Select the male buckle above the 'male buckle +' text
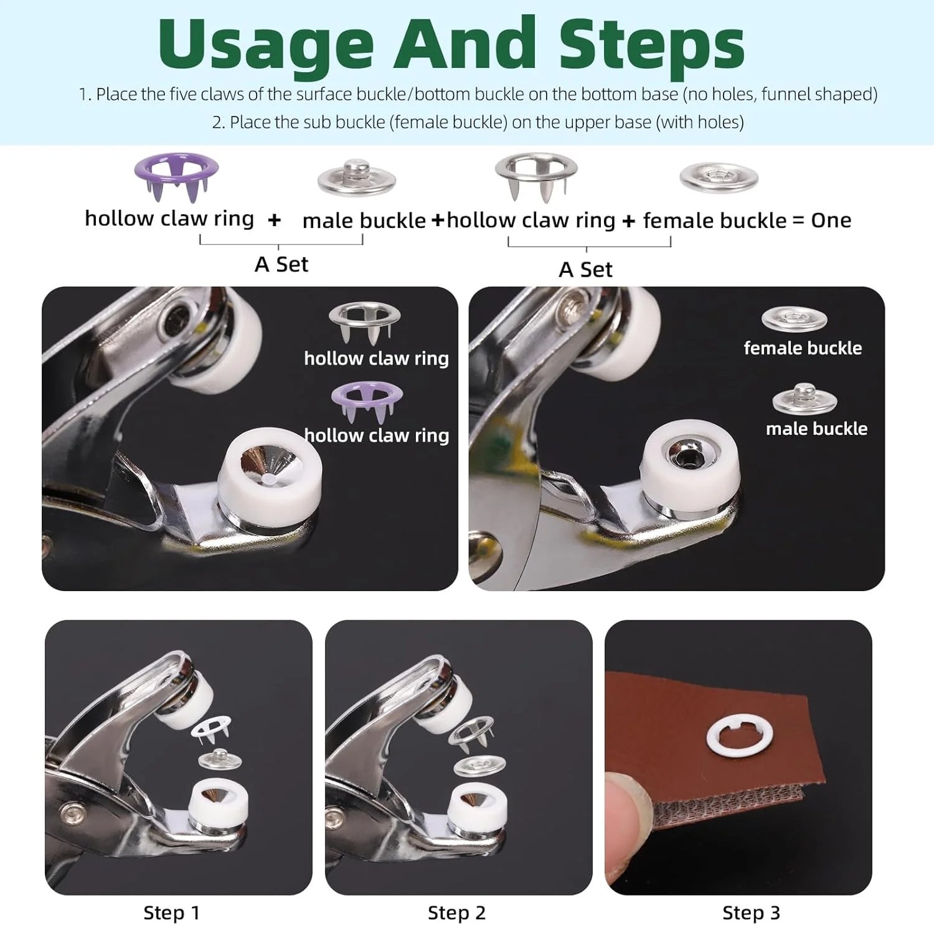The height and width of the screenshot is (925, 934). pyautogui.click(x=357, y=178)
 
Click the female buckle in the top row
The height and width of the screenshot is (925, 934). pyautogui.click(x=719, y=178)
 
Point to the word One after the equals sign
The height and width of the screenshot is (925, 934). pyautogui.click(x=831, y=220)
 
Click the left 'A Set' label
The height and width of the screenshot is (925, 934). pyautogui.click(x=281, y=264)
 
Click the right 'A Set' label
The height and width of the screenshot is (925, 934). pyautogui.click(x=585, y=269)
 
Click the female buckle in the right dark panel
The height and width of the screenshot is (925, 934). pyautogui.click(x=794, y=319)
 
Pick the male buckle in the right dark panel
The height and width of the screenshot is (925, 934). pyautogui.click(x=804, y=399)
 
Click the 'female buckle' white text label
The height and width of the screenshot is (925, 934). pyautogui.click(x=803, y=348)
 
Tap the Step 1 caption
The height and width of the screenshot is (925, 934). pyautogui.click(x=171, y=913)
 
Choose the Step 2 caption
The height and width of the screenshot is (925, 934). pyautogui.click(x=456, y=913)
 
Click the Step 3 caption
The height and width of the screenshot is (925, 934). pyautogui.click(x=751, y=913)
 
